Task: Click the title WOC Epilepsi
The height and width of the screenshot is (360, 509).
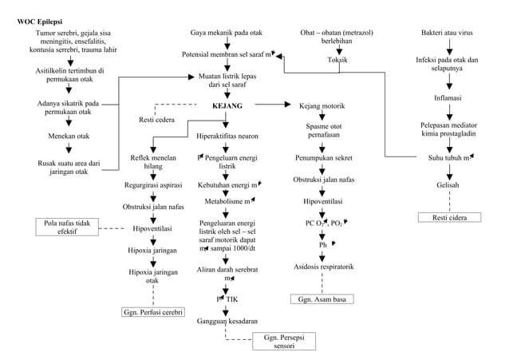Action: coord(42,20)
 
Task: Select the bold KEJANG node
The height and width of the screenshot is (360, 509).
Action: coord(227,105)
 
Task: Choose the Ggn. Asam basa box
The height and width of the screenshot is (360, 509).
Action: coord(321,299)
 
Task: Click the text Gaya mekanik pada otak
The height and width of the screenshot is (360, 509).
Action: coord(227,33)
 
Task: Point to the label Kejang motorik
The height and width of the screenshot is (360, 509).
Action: coord(322,105)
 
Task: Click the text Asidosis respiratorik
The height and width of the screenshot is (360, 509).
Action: coord(324,266)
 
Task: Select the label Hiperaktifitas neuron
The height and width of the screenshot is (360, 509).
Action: coord(227,136)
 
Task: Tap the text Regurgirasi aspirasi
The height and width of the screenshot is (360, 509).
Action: coord(153,185)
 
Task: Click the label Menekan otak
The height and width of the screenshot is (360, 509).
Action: coord(69,136)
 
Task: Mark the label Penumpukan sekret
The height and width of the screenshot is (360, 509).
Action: coord(324,157)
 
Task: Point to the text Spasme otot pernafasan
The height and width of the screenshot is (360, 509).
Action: coord(324,131)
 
